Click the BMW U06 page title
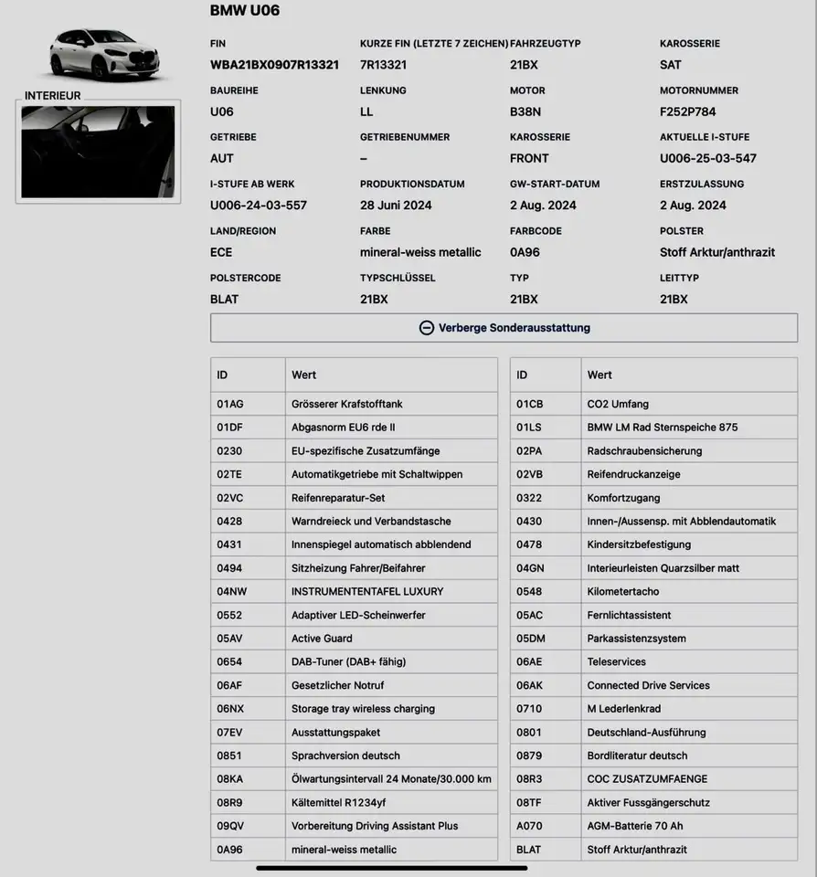click(x=245, y=11)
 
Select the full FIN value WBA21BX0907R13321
click(x=274, y=65)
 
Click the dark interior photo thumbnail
click(x=98, y=152)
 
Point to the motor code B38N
click(x=525, y=111)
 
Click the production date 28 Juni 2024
click(x=396, y=206)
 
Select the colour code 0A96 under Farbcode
click(x=525, y=252)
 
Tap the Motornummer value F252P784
click(x=688, y=111)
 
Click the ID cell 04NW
click(x=232, y=592)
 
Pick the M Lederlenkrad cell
click(x=624, y=709)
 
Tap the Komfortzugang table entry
click(x=623, y=498)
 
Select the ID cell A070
click(x=529, y=826)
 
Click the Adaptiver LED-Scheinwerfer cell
click(x=358, y=616)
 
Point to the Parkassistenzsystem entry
click(x=636, y=639)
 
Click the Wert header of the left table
click(x=304, y=375)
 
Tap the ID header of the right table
click(x=522, y=375)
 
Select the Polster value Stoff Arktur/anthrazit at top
click(x=717, y=252)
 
